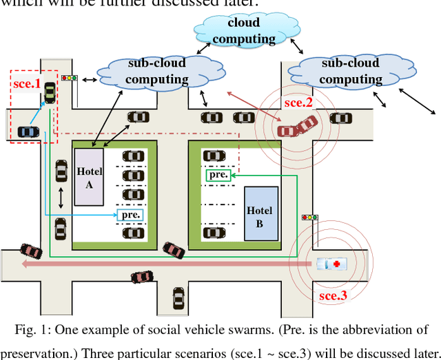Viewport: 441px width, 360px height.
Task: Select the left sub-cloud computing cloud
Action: (x=158, y=72)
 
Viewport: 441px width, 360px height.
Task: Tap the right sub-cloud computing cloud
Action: (x=351, y=72)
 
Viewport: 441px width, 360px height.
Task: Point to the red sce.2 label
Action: (x=299, y=103)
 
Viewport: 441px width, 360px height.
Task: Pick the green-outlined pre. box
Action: (x=217, y=176)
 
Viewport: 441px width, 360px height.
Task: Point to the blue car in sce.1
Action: (x=28, y=131)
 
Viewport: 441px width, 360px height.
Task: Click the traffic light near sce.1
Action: (x=69, y=78)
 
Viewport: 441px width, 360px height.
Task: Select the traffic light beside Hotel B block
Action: (x=310, y=218)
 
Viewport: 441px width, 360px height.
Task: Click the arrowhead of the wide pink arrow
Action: (x=26, y=263)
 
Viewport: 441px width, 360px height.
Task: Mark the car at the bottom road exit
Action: (x=178, y=298)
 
